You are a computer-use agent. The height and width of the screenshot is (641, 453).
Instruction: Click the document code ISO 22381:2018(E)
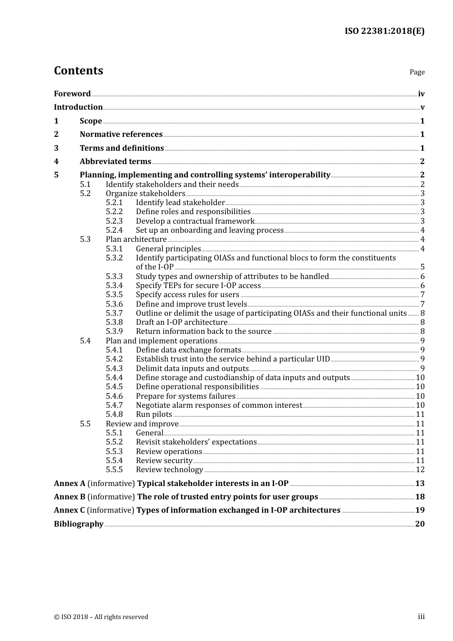[384, 31]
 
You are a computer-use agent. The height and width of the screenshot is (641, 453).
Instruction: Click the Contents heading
[78, 71]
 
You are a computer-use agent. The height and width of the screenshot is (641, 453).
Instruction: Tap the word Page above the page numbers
[417, 72]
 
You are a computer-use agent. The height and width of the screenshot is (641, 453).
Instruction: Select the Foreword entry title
[72, 94]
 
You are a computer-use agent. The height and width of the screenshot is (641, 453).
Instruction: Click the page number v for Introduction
[422, 107]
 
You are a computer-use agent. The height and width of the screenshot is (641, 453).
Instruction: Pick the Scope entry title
[91, 121]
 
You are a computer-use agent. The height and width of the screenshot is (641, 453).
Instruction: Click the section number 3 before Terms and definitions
[56, 148]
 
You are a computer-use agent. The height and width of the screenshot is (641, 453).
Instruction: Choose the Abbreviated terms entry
[115, 162]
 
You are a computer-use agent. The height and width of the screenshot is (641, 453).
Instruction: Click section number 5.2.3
[114, 221]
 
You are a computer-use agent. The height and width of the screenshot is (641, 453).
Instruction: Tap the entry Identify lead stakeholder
[180, 203]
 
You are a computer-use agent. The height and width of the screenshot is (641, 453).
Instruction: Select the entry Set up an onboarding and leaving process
[209, 230]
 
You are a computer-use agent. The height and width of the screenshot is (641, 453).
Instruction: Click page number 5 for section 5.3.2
[422, 267]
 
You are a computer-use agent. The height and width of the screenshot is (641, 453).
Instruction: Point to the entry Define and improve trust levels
[191, 304]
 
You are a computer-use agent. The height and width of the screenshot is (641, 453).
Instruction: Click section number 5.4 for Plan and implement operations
[85, 341]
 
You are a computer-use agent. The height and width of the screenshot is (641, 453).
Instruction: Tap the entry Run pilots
[154, 414]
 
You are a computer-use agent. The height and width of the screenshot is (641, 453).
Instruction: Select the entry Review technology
[169, 470]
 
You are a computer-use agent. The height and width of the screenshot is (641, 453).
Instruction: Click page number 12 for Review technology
[420, 470]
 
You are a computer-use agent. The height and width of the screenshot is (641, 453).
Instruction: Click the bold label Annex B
[70, 497]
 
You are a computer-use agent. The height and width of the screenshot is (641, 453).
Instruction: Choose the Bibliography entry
[79, 524]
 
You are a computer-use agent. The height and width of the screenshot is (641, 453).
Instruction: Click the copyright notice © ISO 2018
[101, 617]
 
